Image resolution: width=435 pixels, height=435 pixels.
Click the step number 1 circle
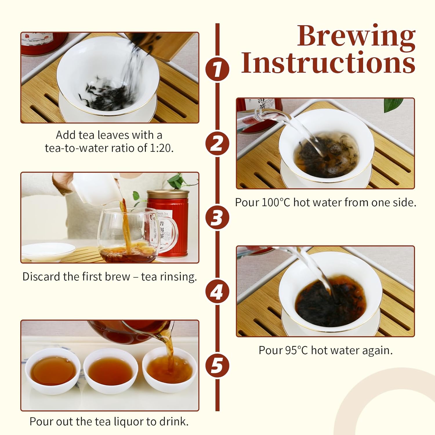pyautogui.click(x=217, y=69)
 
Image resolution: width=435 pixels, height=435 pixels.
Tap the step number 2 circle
pyautogui.click(x=217, y=144)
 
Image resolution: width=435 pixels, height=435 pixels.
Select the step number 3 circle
pyautogui.click(x=217, y=217)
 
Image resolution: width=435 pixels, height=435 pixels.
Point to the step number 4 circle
pyautogui.click(x=217, y=291)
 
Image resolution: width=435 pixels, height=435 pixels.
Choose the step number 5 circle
pyautogui.click(x=217, y=365)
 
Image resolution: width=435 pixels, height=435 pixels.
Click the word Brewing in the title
pyautogui.click(x=356, y=36)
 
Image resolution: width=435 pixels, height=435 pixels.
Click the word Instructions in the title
pyautogui.click(x=328, y=62)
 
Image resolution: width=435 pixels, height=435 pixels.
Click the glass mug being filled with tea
pyautogui.click(x=128, y=235)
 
